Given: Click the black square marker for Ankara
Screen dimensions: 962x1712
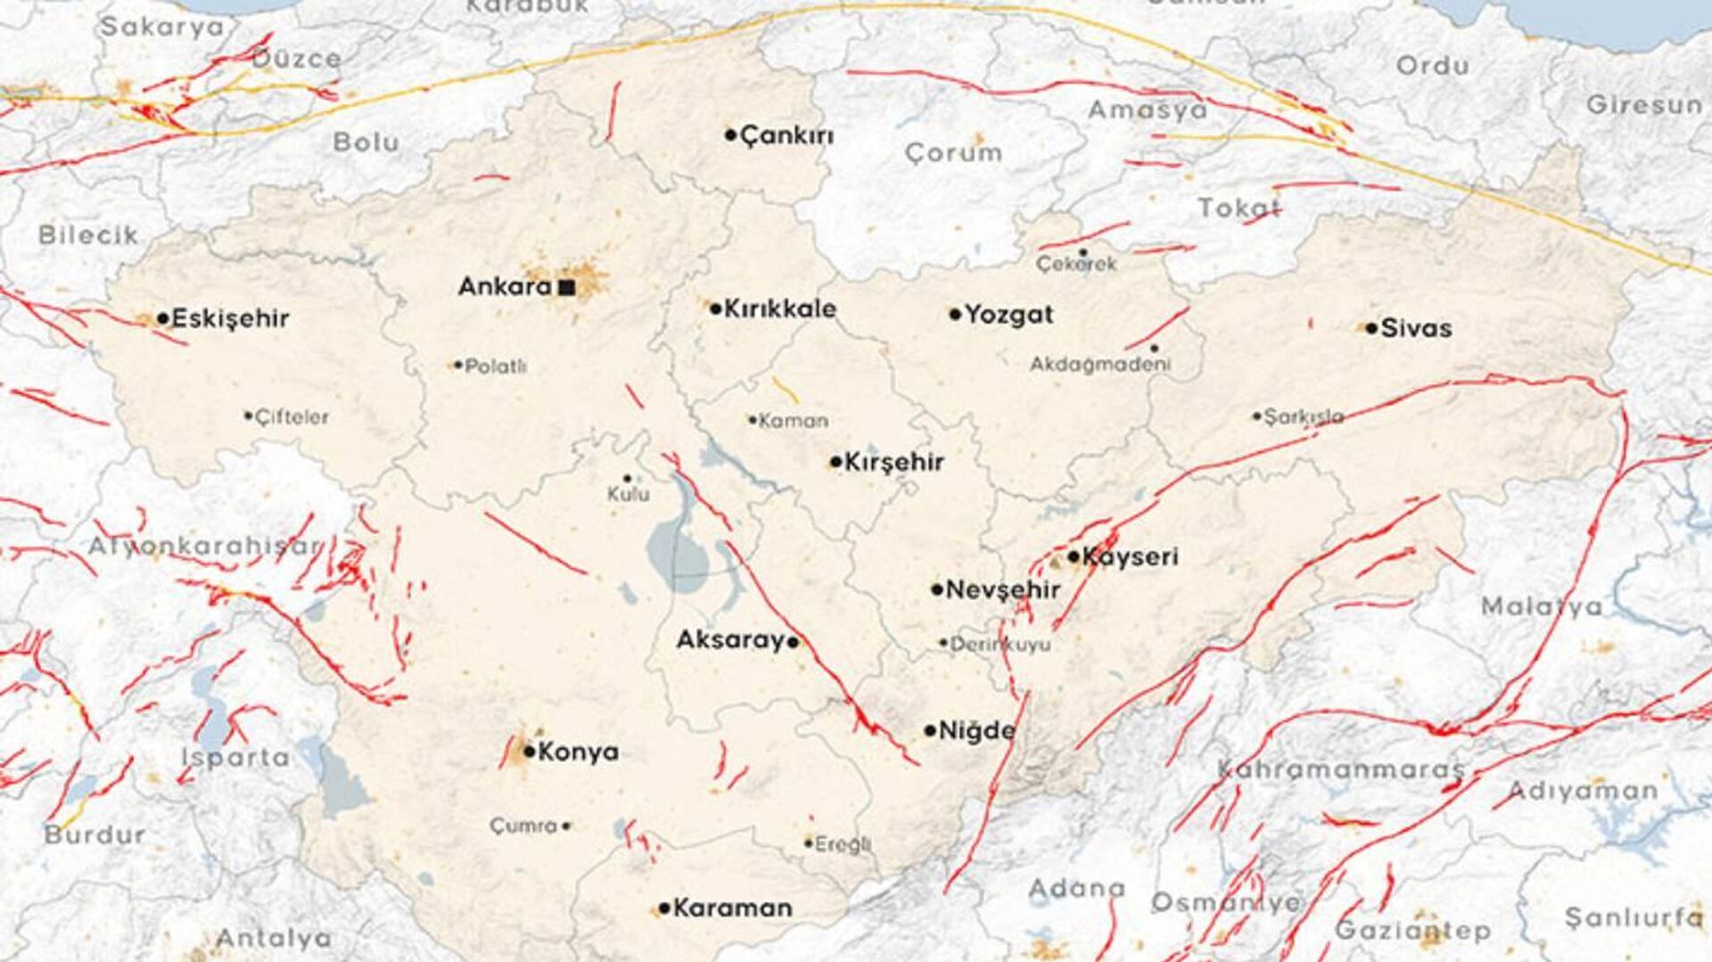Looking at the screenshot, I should pos(566,287).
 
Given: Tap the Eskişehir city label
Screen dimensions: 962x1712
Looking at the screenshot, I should pos(230,318).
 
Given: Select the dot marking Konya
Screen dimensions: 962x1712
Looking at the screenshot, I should pos(529,752).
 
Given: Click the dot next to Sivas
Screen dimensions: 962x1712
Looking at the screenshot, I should pos(1371,328).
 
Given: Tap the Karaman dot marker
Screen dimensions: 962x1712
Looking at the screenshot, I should pos(664,909).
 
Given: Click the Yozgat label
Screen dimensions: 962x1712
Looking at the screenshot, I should pos(1008,315).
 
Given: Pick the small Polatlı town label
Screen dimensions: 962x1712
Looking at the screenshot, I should pos(496,366).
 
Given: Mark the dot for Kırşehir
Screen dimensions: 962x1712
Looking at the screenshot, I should pos(835,462).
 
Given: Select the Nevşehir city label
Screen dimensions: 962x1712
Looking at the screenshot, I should pos(1002,590).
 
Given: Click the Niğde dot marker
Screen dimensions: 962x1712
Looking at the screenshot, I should pos(930,731).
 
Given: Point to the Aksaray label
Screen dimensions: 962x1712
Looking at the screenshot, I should pos(730,640).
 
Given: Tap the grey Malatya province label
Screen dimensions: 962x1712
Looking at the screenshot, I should pos(1541,608).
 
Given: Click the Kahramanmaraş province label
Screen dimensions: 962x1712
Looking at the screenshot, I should pos(1340,769).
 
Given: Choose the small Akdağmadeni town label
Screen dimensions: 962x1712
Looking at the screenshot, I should pos(1100,365).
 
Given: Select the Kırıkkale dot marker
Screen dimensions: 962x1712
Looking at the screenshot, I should pos(715,309).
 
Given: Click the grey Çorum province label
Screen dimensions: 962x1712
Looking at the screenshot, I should pos(953,153).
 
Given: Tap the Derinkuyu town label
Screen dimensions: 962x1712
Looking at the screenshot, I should pos(1000,644).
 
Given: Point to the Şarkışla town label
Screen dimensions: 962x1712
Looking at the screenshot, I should pos(1304,416).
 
